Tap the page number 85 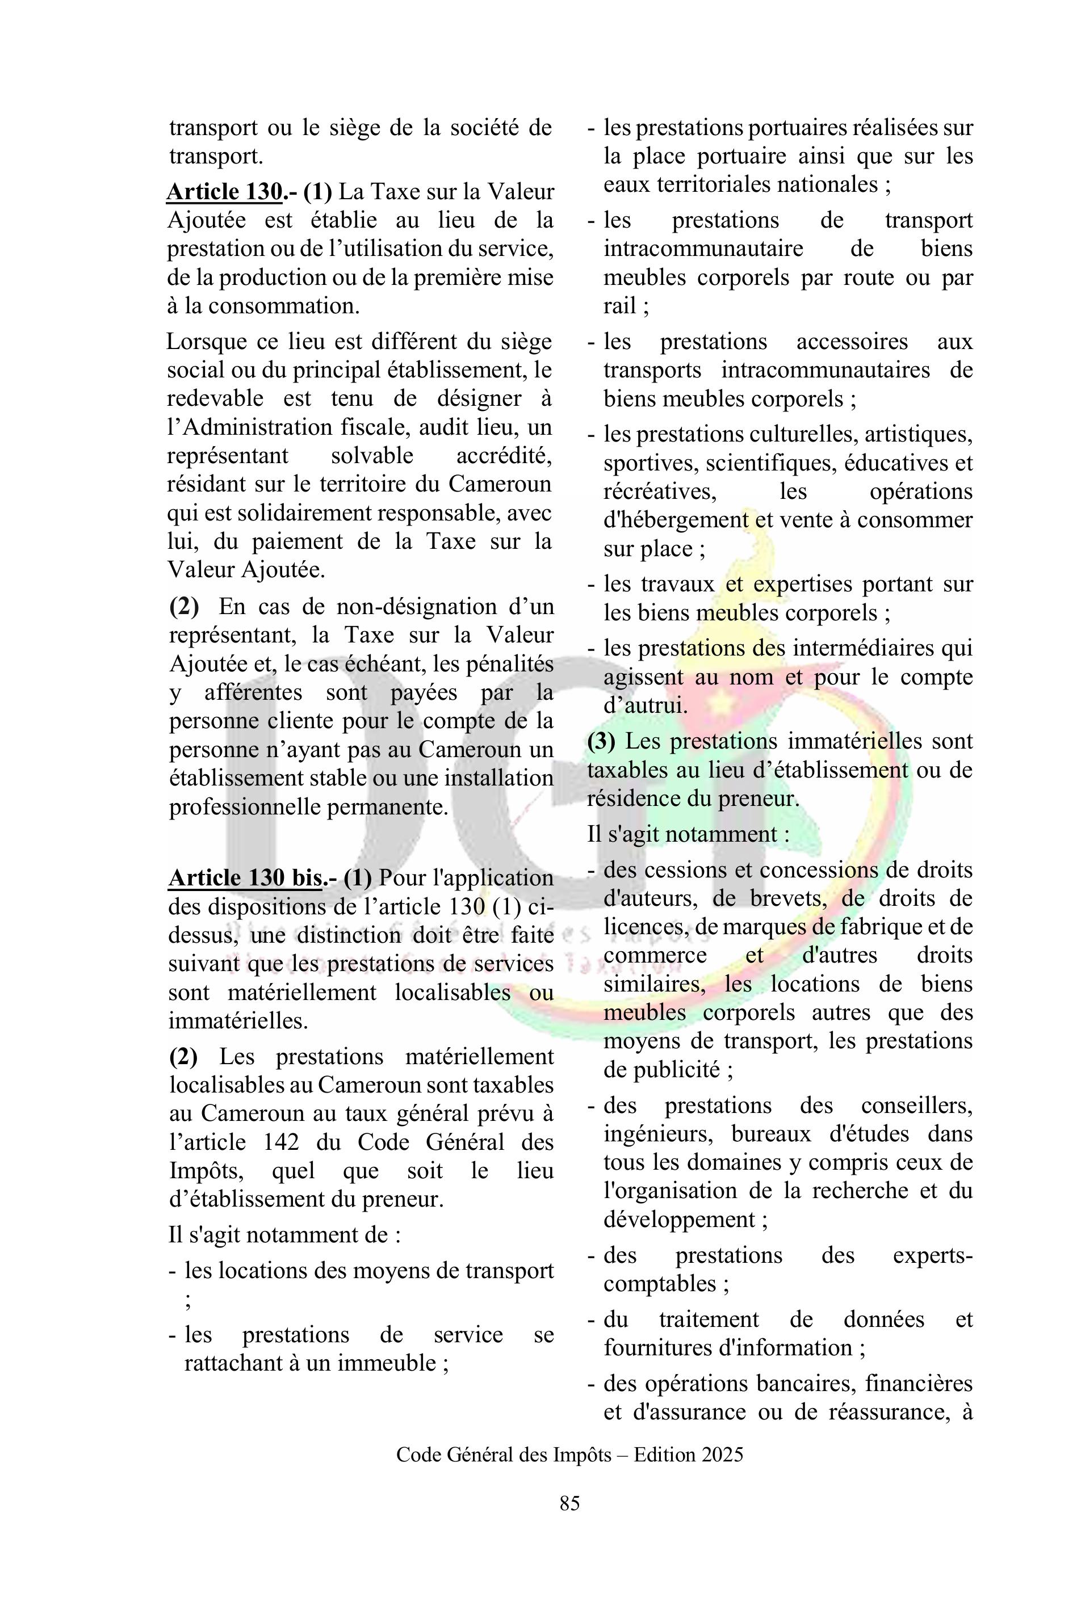tap(569, 1522)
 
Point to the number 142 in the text tap(280, 1142)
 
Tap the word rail tap(619, 305)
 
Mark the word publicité tap(677, 1069)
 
